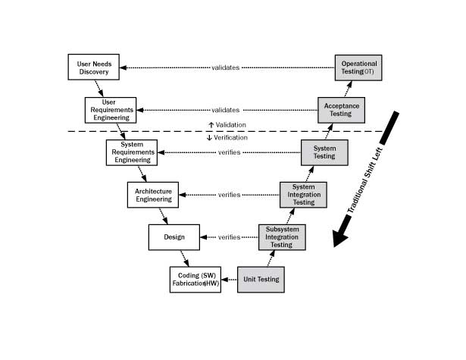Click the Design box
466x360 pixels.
click(174, 237)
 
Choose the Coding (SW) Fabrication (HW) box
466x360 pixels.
click(193, 279)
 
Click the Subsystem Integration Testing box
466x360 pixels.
click(282, 237)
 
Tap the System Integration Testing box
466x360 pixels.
click(302, 195)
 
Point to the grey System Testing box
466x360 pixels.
click(324, 152)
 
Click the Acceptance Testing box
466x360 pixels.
click(341, 110)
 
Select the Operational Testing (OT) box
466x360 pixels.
click(359, 67)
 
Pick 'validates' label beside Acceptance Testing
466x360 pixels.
click(225, 110)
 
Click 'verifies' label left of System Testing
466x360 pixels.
click(229, 152)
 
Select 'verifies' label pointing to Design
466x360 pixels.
click(229, 237)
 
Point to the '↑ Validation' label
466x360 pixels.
click(227, 124)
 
